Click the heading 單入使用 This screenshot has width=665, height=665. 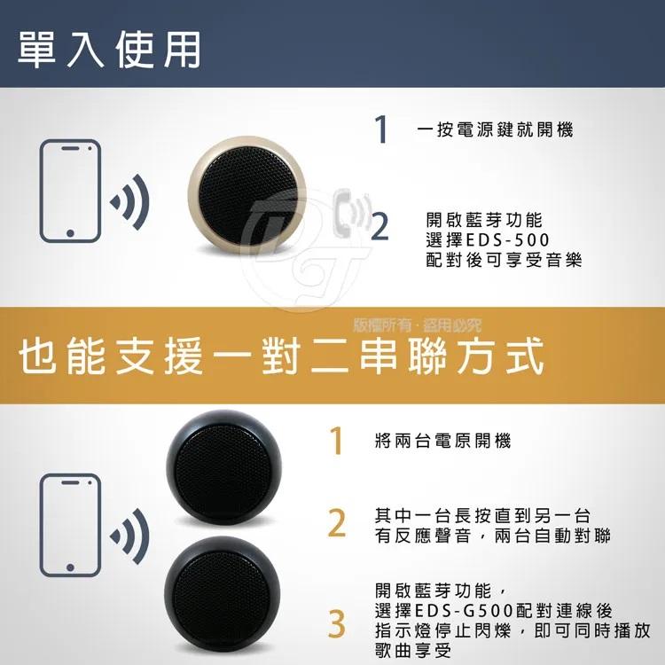point(109,50)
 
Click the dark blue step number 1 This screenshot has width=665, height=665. point(381,130)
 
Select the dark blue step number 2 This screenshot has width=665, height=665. point(380,227)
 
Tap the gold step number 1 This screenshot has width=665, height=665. point(336,442)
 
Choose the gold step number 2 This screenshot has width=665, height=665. point(336,524)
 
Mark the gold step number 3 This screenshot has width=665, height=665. point(336,624)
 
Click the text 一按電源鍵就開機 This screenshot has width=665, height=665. point(495,130)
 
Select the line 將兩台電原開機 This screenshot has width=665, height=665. point(442,441)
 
